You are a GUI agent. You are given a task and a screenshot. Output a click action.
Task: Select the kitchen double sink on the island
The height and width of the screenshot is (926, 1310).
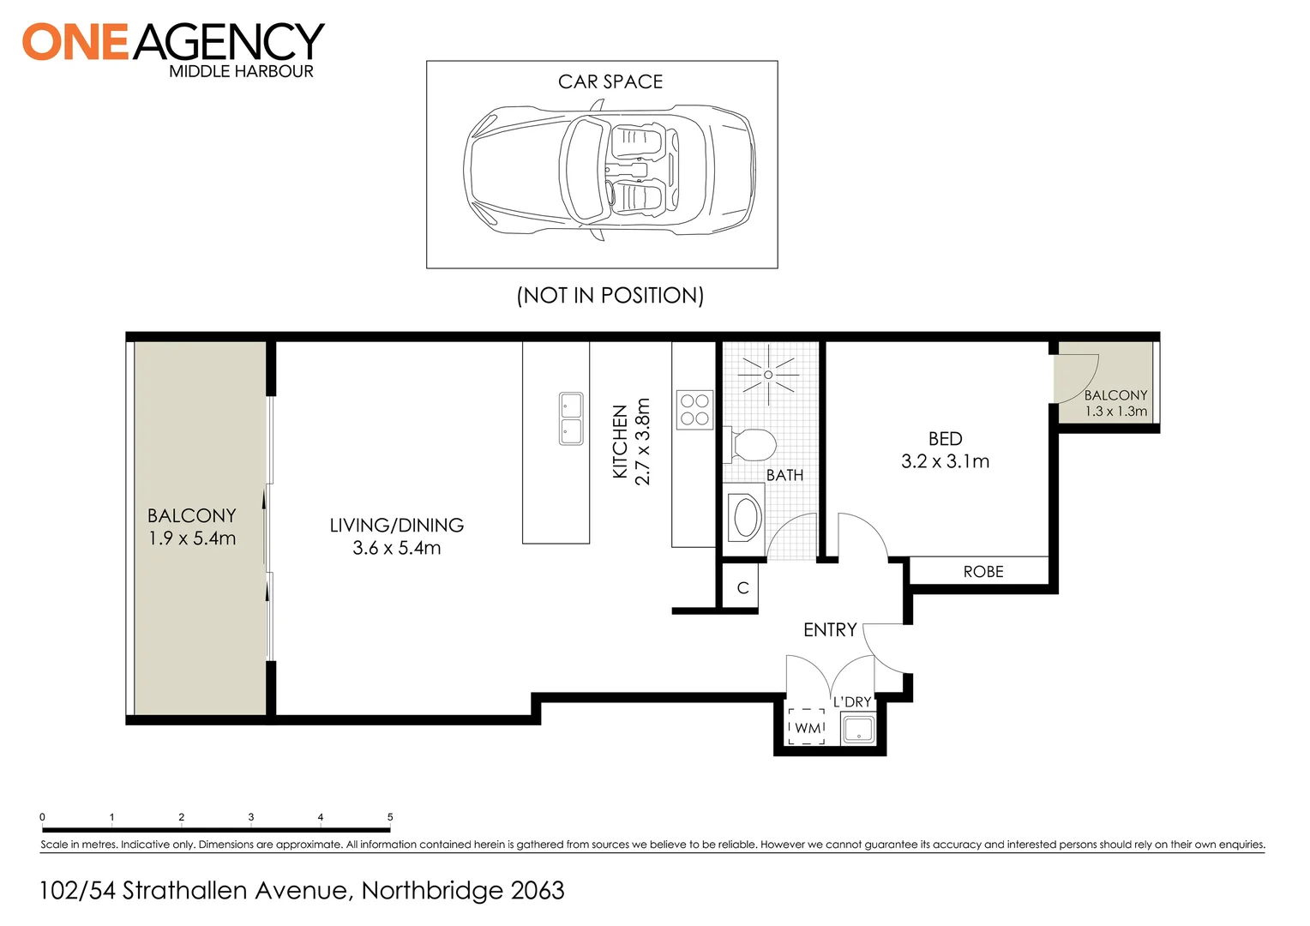pos(571,418)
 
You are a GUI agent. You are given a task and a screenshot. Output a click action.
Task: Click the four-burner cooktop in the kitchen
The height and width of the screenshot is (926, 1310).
pos(694,409)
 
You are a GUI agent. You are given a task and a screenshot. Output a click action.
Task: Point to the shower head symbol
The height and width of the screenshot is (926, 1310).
pos(768,375)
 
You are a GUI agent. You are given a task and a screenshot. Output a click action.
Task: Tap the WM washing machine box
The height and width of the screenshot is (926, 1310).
pos(807,727)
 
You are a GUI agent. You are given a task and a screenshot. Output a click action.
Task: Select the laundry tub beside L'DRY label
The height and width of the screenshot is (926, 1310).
pos(858,730)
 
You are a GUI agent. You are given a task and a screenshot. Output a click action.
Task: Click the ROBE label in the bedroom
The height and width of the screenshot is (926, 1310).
pos(982,572)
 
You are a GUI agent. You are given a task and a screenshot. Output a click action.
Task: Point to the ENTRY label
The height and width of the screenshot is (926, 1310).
pos(829,630)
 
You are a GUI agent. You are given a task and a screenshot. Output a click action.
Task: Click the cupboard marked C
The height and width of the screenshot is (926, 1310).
pos(742,588)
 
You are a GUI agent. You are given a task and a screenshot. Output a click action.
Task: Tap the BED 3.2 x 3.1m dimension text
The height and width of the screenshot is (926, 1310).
pos(945,461)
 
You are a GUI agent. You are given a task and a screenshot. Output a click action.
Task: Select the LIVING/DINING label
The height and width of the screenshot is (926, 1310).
pos(396,525)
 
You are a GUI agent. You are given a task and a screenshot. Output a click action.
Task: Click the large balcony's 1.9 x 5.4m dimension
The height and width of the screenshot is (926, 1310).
pos(192,538)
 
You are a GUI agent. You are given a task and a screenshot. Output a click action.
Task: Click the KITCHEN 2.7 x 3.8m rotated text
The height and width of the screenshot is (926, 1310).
pos(632,442)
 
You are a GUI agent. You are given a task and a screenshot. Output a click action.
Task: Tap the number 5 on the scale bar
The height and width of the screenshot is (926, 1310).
pos(390,817)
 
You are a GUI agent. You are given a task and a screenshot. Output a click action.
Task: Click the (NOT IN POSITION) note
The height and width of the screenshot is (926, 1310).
pos(610,295)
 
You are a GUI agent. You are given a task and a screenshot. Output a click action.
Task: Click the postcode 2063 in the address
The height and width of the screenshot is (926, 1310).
pos(538,891)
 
